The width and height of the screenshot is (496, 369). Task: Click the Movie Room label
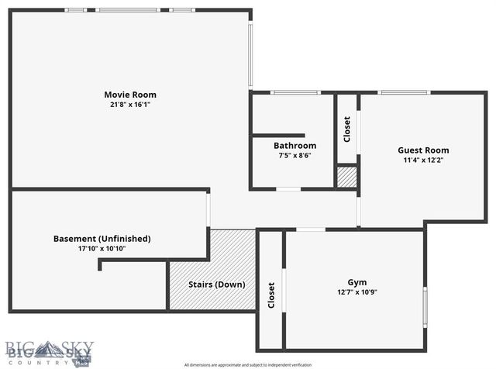130,95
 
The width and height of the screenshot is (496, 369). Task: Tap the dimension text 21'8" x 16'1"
130,105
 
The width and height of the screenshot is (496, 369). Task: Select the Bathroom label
294,146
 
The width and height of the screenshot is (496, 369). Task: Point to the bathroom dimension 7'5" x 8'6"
294,155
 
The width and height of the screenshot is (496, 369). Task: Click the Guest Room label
423,150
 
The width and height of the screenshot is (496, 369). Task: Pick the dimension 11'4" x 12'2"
423,160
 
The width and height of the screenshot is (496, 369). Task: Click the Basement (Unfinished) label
102,238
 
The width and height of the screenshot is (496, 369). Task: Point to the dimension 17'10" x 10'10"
102,248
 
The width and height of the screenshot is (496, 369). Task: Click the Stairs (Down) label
217,285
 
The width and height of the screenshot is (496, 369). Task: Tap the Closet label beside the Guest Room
347,129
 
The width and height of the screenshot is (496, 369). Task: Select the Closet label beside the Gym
271,295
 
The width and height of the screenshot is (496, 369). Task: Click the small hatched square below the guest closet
347,177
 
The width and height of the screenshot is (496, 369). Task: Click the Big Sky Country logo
48,353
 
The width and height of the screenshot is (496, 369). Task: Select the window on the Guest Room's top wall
403,93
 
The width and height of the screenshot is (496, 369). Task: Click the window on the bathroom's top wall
294,93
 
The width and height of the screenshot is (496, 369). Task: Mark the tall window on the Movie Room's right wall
250,54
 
